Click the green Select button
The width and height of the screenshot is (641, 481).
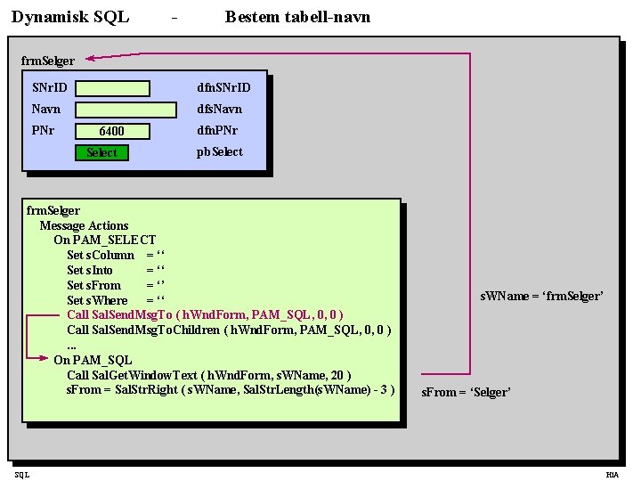(101, 152)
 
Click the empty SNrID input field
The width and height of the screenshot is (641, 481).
(112, 88)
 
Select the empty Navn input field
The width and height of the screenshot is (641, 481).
(126, 110)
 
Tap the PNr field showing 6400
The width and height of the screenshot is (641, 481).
(112, 131)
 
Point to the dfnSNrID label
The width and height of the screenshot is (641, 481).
(223, 87)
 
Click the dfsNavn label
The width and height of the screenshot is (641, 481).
(219, 109)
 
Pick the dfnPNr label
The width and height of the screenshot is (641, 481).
(217, 130)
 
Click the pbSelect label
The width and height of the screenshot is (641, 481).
(219, 151)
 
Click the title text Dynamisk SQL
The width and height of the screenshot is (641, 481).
(70, 17)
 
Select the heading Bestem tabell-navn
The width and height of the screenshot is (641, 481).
(297, 17)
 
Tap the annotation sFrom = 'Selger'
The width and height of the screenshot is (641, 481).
(466, 392)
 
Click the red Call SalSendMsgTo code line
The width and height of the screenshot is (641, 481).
(205, 314)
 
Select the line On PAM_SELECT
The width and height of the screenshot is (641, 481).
(104, 240)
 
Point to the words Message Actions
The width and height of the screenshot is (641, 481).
(84, 225)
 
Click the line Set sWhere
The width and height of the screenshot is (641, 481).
(116, 300)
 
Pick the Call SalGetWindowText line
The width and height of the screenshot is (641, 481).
(208, 375)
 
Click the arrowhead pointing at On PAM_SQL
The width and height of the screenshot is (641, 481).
(45, 359)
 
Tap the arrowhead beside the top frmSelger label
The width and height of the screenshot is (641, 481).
(92, 58)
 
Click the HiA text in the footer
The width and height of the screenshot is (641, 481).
(612, 475)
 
